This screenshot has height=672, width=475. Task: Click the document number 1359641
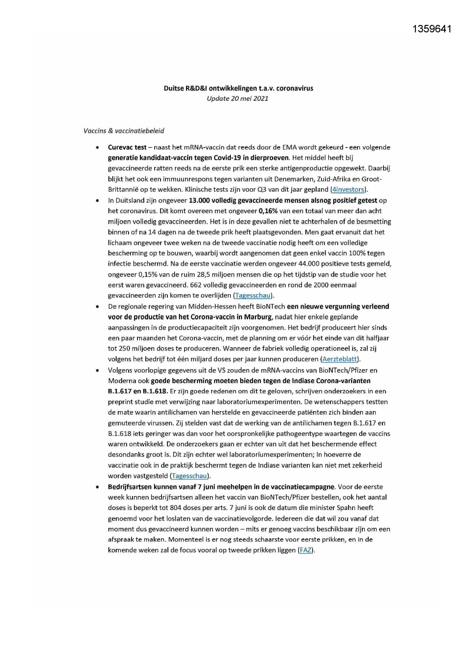pos(432,29)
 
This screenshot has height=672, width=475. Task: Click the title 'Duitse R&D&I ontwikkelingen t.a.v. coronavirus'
pos(238,88)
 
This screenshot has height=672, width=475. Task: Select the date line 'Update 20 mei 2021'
pos(237,98)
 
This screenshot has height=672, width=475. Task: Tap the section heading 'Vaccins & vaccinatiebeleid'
pos(124,131)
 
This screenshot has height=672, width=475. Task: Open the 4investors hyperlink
pos(348,189)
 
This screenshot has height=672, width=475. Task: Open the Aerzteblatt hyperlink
pos(340,359)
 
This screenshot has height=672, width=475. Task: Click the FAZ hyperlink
pos(305,550)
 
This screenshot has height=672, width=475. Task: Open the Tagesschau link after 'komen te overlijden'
pos(253,295)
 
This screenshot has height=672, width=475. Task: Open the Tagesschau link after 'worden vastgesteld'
pos(189,476)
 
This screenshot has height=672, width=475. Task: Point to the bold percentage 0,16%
pos(268,211)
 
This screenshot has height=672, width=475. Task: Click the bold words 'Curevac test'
pos(127,147)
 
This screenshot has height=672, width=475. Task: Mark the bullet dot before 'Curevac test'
pos(98,148)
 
